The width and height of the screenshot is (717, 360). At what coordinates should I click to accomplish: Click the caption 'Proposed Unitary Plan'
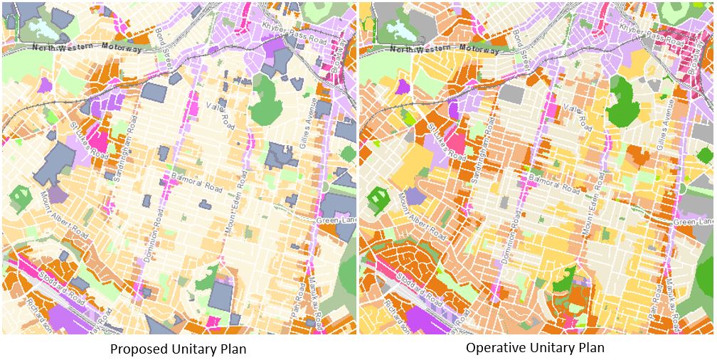(x=178, y=349)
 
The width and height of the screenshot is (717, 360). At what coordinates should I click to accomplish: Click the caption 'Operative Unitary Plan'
(x=535, y=348)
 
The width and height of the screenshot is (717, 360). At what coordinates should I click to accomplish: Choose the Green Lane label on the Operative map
(x=693, y=222)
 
